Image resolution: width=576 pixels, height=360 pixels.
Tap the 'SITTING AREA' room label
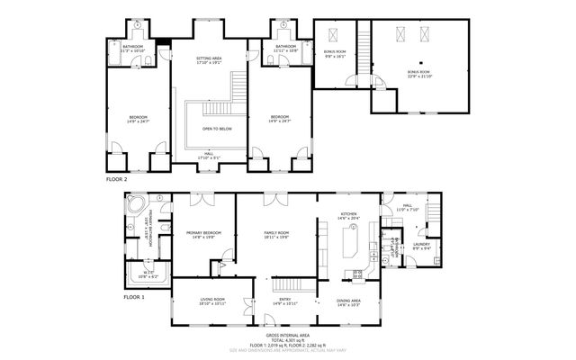tap(209, 58)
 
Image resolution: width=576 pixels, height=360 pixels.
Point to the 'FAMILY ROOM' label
tap(275, 233)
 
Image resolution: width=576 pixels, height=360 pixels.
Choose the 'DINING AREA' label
tap(348, 301)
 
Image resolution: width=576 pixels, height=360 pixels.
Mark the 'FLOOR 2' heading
tap(117, 179)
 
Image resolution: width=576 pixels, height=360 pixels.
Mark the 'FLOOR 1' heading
tap(134, 296)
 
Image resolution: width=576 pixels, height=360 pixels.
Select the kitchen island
tap(350, 241)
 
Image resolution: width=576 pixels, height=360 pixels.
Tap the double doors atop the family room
tap(275, 197)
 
